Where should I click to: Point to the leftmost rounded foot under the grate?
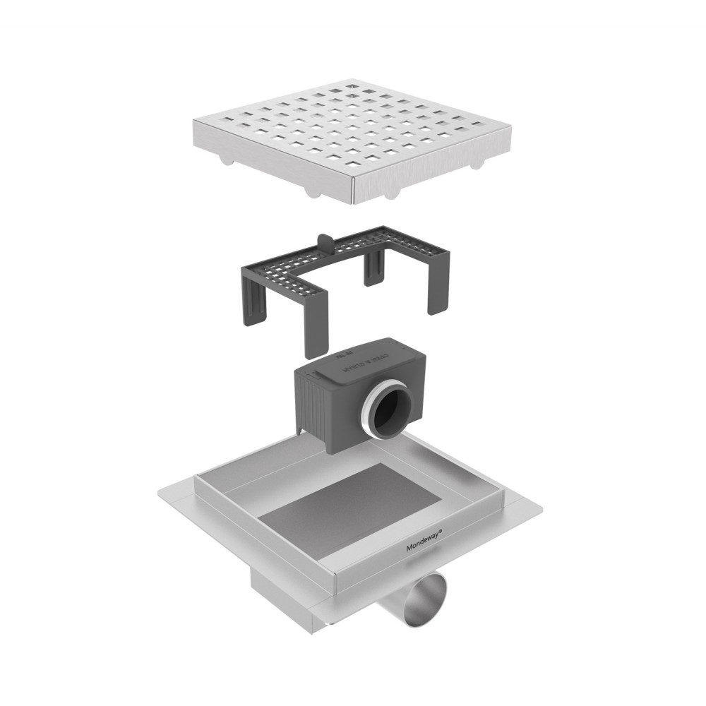[x=225, y=161]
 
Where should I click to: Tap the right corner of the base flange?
[x=544, y=508]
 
